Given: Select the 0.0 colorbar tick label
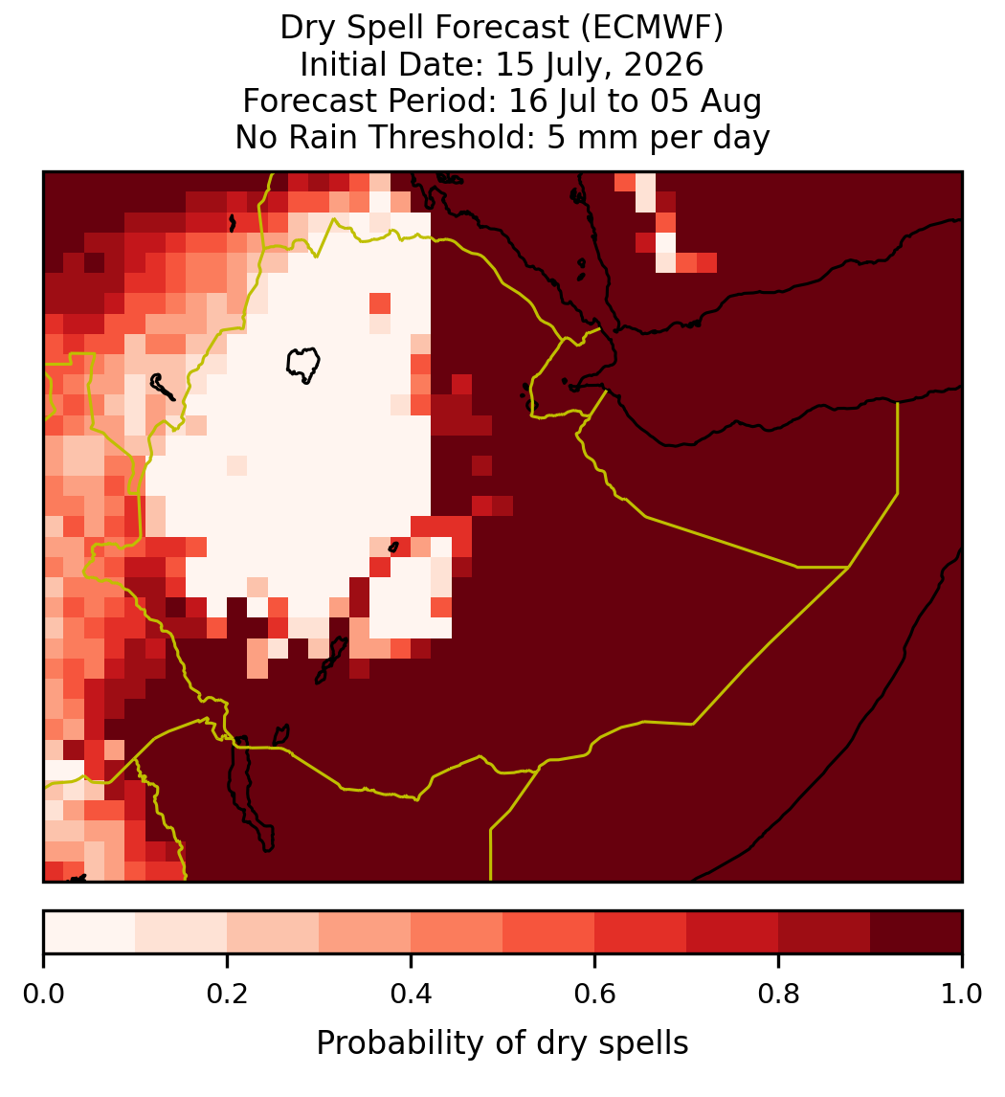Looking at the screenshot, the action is (x=43, y=995).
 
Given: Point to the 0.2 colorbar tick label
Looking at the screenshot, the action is (x=227, y=995).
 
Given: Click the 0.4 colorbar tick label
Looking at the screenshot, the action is (x=412, y=995).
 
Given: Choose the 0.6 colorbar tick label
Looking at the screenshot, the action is (x=595, y=995).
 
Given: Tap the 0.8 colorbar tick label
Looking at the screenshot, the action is (x=779, y=995).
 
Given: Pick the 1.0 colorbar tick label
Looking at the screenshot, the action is (x=962, y=995).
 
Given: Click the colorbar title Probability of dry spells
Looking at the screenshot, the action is (x=502, y=1043).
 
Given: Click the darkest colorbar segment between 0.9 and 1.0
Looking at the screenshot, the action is (x=916, y=932).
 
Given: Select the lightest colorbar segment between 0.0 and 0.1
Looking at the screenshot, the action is (x=90, y=932).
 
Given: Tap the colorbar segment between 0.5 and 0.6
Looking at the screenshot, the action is (x=549, y=932).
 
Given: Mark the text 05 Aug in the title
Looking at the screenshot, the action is (x=706, y=101).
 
